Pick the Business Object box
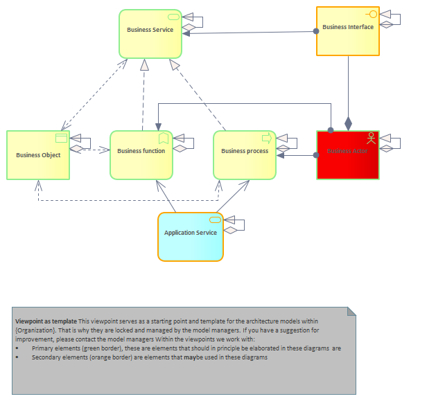[38, 155]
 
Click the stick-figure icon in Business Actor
[372, 136]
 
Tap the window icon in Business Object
[61, 137]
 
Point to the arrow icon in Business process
[267, 137]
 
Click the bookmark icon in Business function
[164, 138]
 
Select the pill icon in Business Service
[173, 17]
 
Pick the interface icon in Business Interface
[372, 14]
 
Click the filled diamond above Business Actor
[348, 123]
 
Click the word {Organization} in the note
[35, 331]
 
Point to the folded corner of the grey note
[351, 312]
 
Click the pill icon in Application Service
[215, 220]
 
